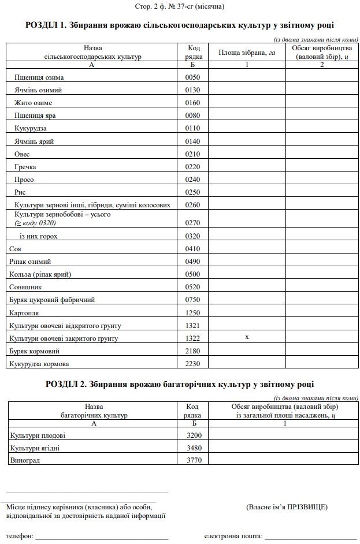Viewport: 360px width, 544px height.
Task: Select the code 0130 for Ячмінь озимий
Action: click(x=193, y=90)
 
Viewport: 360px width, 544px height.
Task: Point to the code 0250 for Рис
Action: click(x=193, y=192)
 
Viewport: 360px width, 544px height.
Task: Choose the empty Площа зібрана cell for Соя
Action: click(x=247, y=249)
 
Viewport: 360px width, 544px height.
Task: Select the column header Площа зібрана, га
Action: click(x=247, y=53)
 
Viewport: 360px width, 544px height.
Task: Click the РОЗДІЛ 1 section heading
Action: click(x=180, y=25)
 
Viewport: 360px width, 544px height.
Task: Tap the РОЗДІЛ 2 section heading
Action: click(x=180, y=385)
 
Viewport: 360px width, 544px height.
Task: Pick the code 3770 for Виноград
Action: click(x=192, y=460)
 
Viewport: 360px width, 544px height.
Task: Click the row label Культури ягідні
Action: click(x=35, y=448)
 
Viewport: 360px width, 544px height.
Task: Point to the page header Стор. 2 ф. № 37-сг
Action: click(x=180, y=7)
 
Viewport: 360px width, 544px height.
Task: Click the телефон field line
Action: click(x=102, y=536)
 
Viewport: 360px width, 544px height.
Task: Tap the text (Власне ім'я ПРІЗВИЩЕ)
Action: click(x=287, y=507)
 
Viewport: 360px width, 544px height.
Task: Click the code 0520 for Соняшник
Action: click(x=193, y=287)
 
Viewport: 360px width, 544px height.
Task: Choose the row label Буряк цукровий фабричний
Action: click(x=52, y=300)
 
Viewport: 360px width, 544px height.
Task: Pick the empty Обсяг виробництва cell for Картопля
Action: click(x=322, y=312)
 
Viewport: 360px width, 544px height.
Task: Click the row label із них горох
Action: click(x=39, y=236)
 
